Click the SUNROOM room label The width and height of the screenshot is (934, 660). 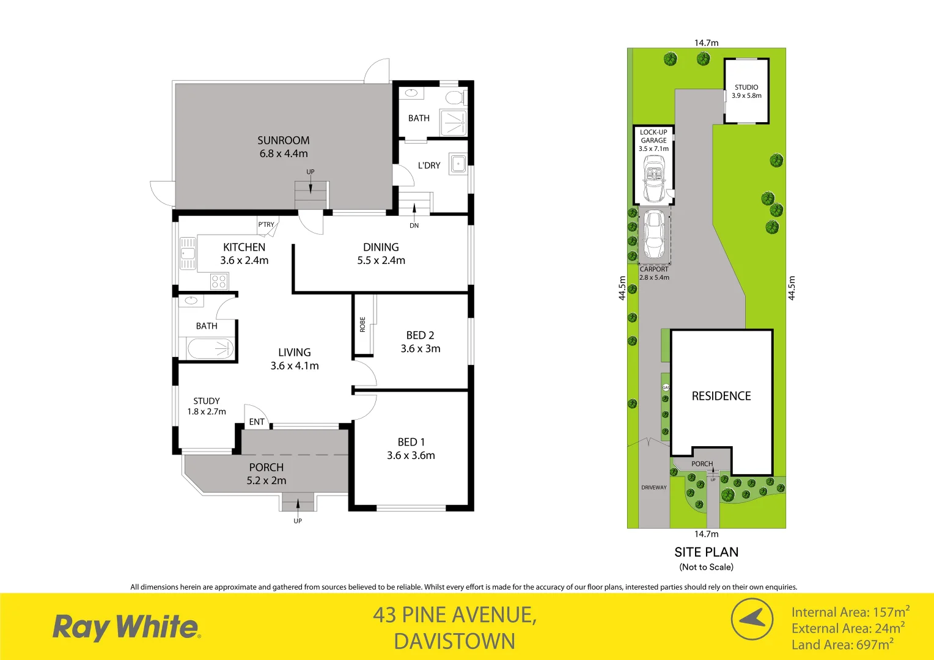click(283, 141)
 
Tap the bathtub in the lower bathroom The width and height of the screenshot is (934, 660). click(210, 349)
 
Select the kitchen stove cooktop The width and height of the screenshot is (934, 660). click(219, 282)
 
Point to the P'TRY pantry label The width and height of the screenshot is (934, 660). click(266, 225)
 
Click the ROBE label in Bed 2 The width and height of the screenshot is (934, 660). click(362, 324)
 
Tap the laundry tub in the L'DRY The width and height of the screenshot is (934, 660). click(457, 164)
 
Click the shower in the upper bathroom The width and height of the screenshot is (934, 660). click(453, 123)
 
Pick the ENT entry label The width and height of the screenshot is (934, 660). click(257, 422)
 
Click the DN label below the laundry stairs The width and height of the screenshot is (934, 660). click(414, 226)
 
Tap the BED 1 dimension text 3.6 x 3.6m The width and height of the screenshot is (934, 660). click(411, 455)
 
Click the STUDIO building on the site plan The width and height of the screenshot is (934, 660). click(746, 91)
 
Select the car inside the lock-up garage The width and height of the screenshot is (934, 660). click(653, 178)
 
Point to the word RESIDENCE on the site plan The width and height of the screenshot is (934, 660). click(721, 396)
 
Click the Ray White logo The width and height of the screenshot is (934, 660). click(127, 628)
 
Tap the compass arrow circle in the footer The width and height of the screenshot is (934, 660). click(752, 619)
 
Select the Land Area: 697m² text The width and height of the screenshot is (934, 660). click(842, 645)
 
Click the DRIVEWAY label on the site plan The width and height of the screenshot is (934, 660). click(654, 488)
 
